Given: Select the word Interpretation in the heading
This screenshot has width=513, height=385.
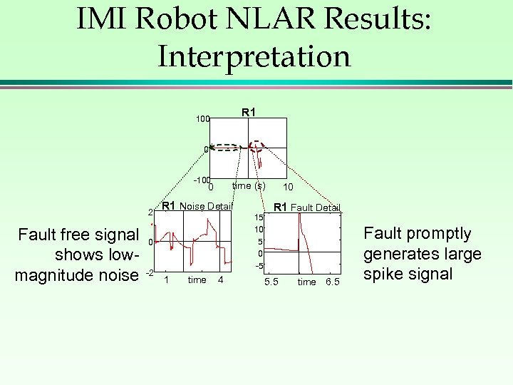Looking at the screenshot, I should click(x=254, y=56).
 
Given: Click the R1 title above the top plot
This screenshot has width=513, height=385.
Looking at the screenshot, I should click(x=249, y=112).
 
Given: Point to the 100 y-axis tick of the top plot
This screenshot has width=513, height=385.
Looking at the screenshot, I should click(x=203, y=120).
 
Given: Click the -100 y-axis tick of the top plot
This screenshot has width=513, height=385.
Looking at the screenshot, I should click(x=202, y=180).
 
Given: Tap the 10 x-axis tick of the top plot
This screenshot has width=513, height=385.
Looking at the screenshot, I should click(x=288, y=187).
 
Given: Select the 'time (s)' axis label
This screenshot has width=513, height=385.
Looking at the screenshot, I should click(x=249, y=186).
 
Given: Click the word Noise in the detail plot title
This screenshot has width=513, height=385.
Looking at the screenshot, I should click(x=195, y=206).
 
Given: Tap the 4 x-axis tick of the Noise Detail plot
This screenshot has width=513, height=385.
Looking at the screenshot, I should click(x=221, y=280).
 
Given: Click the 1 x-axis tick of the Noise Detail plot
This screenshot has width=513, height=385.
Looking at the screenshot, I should click(x=167, y=280).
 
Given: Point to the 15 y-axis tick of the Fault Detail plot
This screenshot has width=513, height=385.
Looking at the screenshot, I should click(x=260, y=217).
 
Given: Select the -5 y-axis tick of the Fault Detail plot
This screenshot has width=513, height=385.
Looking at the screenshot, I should click(x=260, y=266).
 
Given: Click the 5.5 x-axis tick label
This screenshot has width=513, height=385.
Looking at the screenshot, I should click(x=271, y=282).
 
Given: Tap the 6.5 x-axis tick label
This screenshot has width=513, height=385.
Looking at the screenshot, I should click(x=332, y=282).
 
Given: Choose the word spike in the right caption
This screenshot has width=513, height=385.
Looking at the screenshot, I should click(x=387, y=274).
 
